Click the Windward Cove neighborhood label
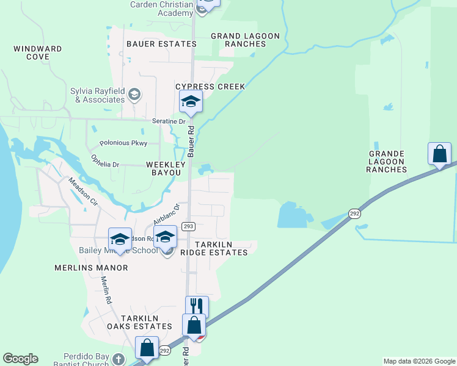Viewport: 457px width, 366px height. click(x=37, y=52)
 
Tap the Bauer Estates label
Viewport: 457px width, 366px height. click(x=153, y=44)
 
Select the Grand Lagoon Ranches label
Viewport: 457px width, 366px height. click(x=245, y=40)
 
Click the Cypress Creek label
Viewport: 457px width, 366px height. click(x=210, y=87)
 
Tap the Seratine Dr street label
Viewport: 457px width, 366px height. click(x=169, y=121)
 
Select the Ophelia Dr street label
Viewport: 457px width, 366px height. click(x=105, y=160)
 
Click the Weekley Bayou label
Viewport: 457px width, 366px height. click(x=164, y=168)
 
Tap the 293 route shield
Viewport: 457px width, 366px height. click(x=188, y=226)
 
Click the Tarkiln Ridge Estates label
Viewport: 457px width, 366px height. click(x=221, y=247)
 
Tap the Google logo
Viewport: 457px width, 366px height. click(x=20, y=359)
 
